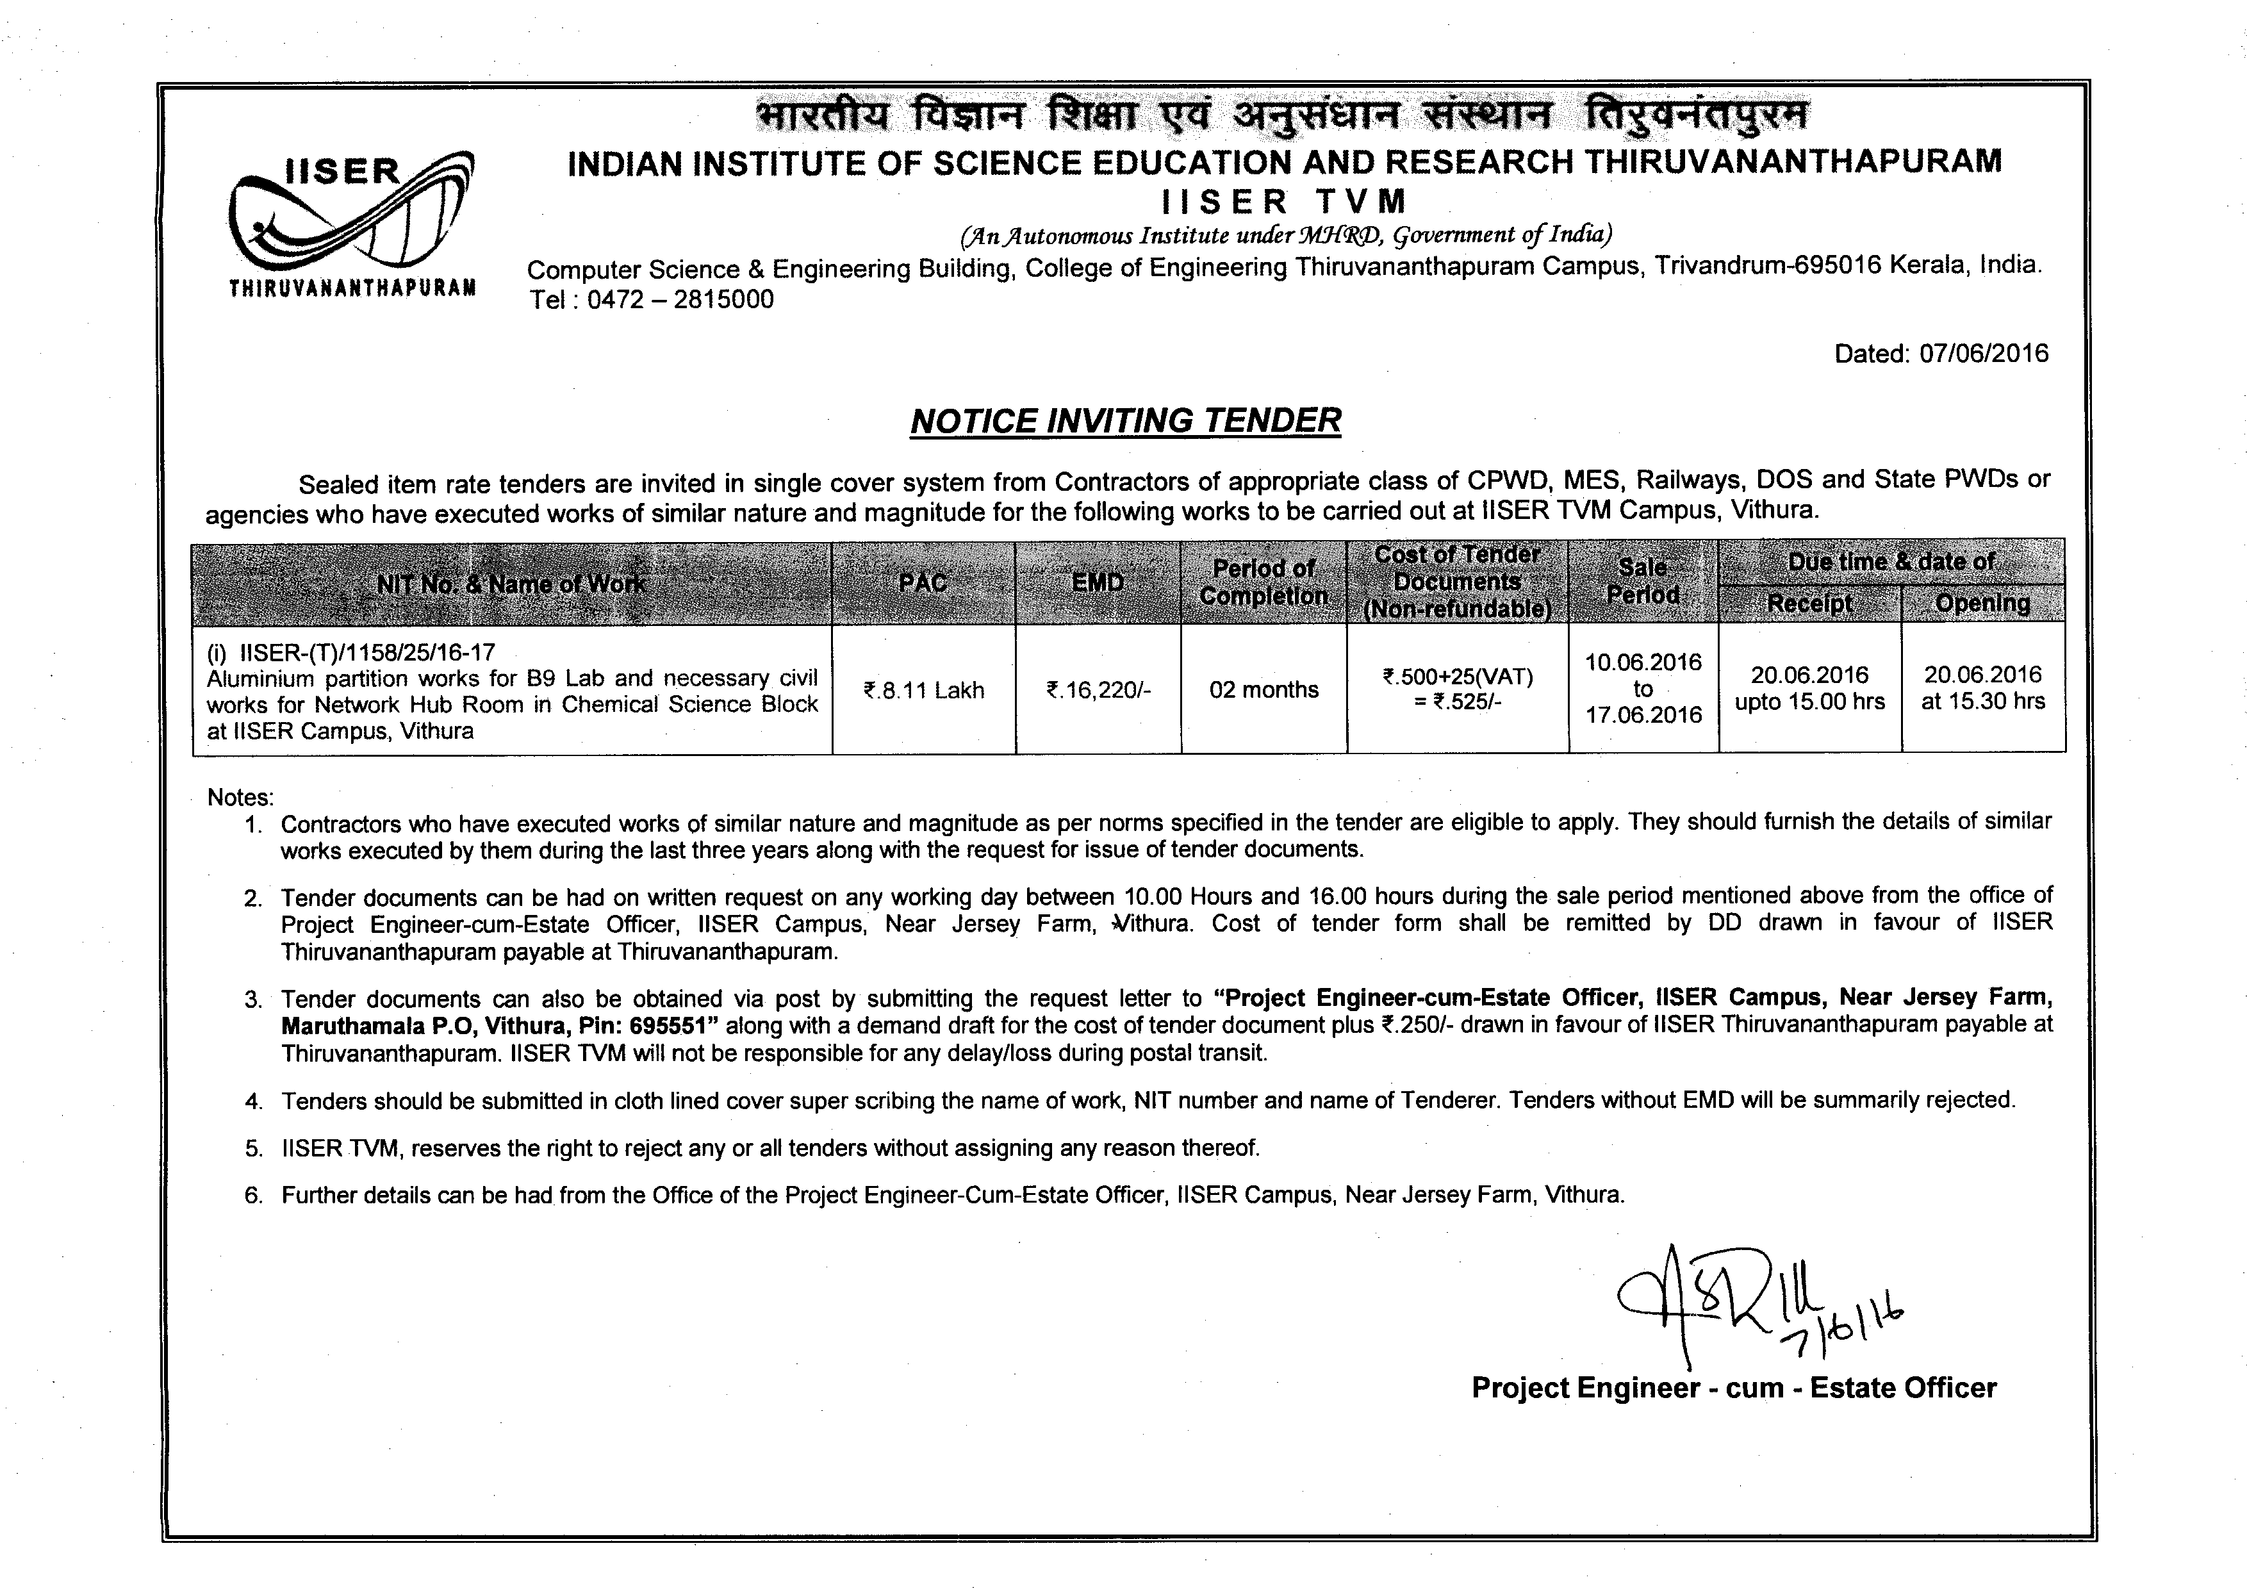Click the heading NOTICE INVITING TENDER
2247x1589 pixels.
coord(1126,421)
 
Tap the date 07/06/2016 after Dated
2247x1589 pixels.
coord(1984,353)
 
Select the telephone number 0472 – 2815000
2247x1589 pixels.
coord(680,299)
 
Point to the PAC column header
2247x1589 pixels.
coord(923,583)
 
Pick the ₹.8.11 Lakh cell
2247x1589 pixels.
coord(923,691)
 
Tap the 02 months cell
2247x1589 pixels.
coord(1263,690)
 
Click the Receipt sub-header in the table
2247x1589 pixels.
coord(1809,604)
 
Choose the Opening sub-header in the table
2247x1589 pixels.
coord(1983,603)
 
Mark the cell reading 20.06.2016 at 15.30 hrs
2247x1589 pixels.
coord(1983,688)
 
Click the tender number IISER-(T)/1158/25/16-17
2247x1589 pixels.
coord(368,652)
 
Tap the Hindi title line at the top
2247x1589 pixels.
coord(1282,115)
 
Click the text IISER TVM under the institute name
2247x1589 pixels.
coord(1284,202)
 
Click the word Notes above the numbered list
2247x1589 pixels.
coord(240,798)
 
